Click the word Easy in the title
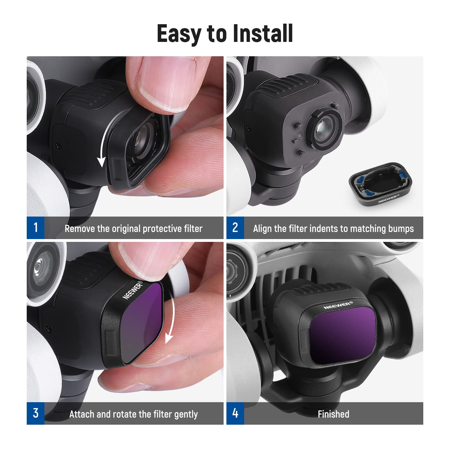pos(179,34)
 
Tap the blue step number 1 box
pos(35,228)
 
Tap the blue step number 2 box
pos(235,228)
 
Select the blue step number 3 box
pos(35,413)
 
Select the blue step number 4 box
pos(235,413)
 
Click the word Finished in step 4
pos(333,414)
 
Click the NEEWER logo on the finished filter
pos(337,305)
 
